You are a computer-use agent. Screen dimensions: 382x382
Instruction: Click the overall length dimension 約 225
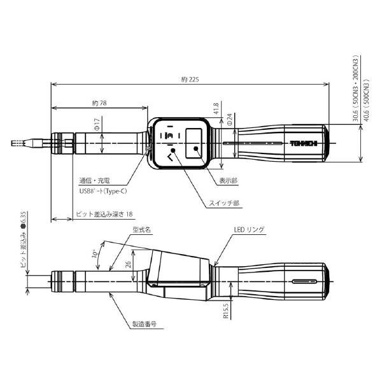(190, 80)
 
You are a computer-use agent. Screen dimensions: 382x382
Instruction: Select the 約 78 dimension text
(99, 103)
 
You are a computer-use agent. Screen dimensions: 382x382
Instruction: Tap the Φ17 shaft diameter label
(97, 124)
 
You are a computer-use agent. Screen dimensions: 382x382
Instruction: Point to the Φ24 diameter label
(229, 120)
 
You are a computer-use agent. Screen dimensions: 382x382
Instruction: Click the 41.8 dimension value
(216, 109)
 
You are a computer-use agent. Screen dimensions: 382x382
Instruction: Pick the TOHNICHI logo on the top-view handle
(304, 143)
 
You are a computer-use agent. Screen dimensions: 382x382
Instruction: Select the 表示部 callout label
(229, 181)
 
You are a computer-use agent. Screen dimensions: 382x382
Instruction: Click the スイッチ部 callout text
(224, 203)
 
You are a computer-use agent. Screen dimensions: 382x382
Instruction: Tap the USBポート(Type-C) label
(103, 191)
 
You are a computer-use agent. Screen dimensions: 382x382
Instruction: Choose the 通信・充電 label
(94, 181)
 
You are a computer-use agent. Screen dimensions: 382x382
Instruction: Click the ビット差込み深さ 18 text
(104, 214)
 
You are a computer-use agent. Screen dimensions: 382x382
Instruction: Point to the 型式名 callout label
(142, 230)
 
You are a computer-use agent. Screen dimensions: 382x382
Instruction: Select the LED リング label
(249, 229)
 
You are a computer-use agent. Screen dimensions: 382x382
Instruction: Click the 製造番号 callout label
(145, 324)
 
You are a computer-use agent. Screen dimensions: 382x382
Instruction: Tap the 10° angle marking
(95, 253)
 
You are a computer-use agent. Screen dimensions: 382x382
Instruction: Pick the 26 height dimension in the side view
(129, 264)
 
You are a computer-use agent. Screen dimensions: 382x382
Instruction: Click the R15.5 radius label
(226, 311)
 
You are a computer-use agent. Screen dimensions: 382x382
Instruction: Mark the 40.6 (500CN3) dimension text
(367, 100)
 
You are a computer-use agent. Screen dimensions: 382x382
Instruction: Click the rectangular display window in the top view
(194, 143)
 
